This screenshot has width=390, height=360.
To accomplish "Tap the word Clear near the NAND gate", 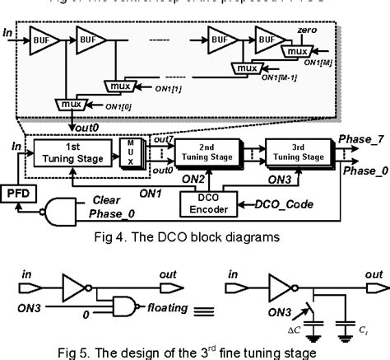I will point(109,199).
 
